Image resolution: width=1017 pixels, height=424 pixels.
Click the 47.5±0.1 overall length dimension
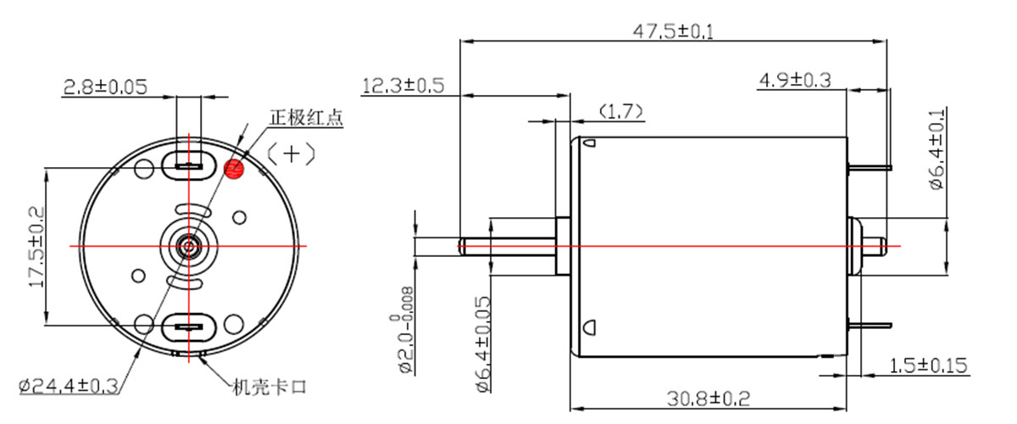[x=673, y=32]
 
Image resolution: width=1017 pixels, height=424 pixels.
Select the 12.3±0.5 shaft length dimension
[x=403, y=86]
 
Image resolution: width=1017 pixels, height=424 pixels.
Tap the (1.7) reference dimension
[x=620, y=111]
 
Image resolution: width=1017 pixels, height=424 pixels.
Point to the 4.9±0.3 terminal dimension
[x=795, y=81]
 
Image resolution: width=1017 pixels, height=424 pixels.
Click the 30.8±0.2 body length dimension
[x=709, y=399]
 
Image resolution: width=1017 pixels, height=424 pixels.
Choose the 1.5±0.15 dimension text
[x=928, y=365]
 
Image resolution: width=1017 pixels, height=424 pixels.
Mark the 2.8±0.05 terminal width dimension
[x=105, y=86]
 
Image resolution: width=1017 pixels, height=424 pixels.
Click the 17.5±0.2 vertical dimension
[x=36, y=248]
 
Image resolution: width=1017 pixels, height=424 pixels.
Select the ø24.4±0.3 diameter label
[x=69, y=387]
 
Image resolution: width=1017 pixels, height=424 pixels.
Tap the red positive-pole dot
[x=234, y=169]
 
